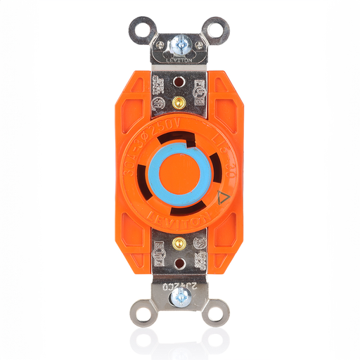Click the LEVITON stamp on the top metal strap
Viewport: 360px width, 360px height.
coord(180,61)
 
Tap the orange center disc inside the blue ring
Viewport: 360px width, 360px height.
coord(180,173)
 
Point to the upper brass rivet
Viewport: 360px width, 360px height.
coord(180,103)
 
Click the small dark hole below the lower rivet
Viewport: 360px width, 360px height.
coord(180,265)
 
